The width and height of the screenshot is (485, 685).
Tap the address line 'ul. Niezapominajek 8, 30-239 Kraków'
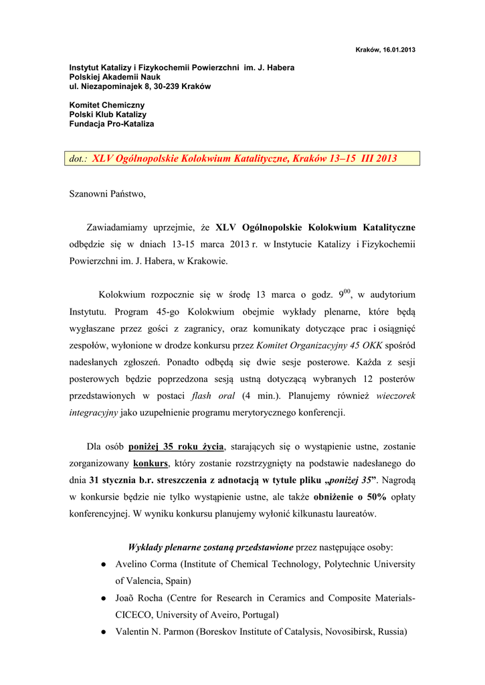coord(140,87)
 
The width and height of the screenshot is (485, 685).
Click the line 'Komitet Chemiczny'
coord(107,106)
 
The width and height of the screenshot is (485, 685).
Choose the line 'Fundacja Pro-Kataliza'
coord(112,124)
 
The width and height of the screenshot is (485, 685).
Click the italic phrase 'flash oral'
coord(211,395)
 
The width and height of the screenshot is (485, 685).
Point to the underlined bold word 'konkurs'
coord(151,463)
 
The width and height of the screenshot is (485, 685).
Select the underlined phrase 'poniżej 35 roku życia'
coord(177,446)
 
